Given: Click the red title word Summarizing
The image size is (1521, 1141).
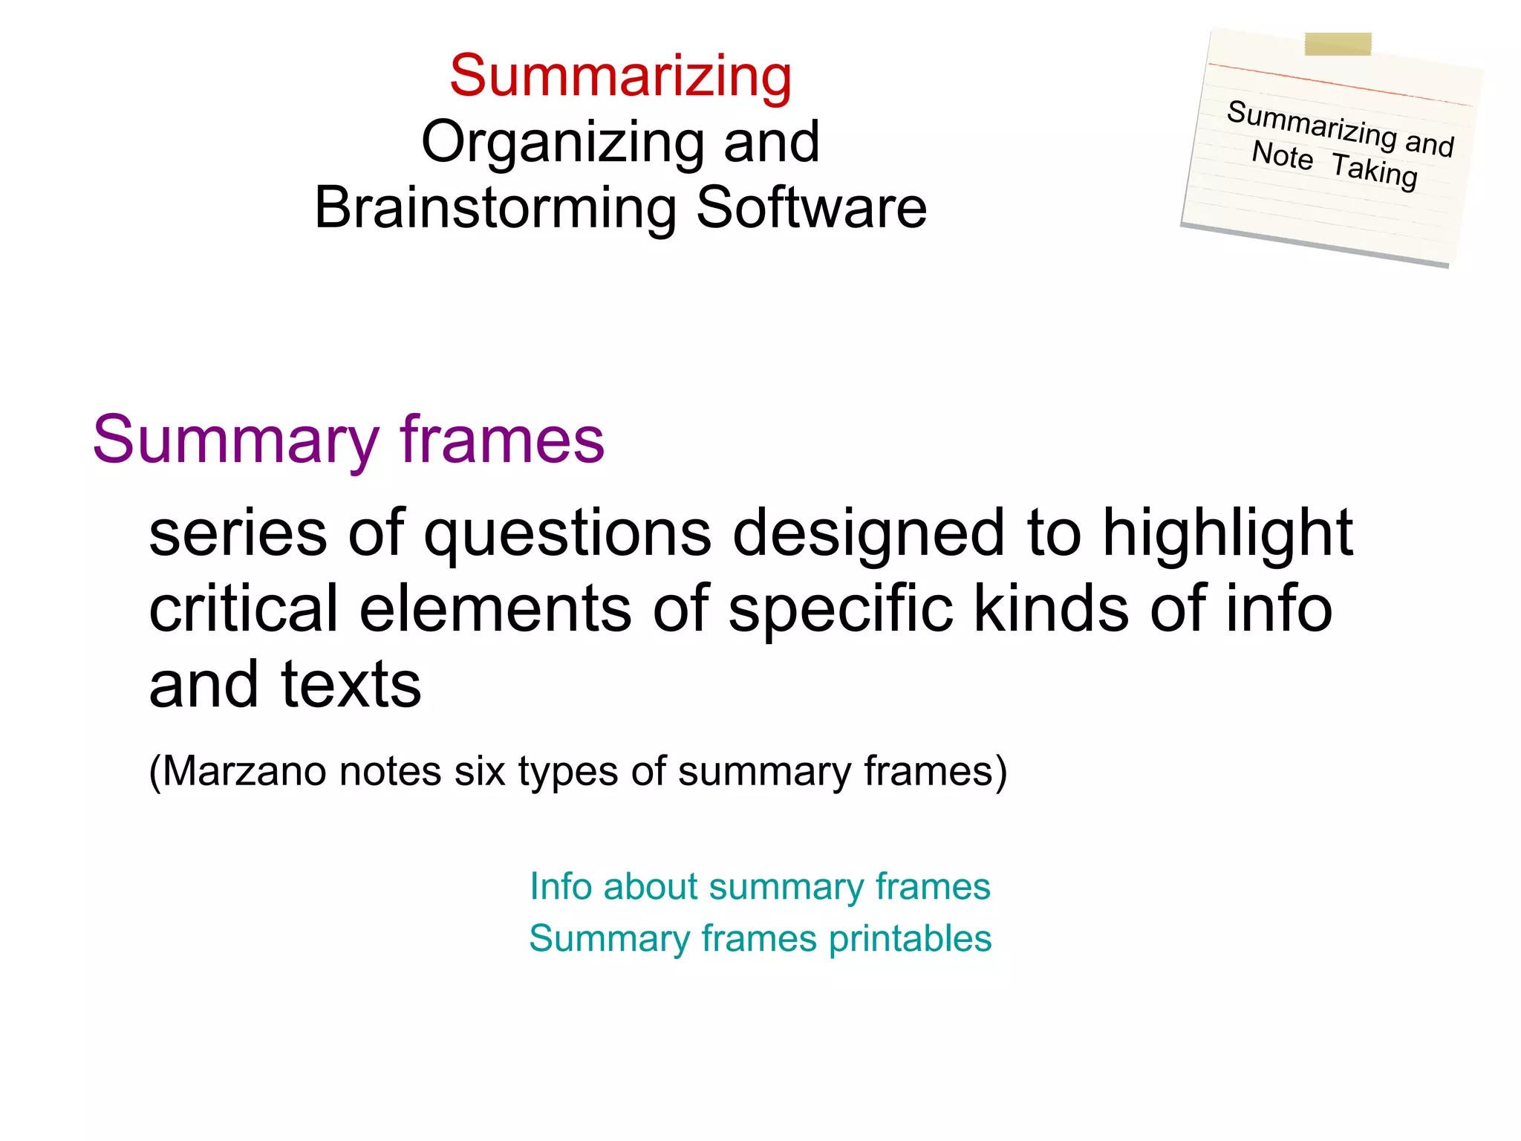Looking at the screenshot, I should point(621,77).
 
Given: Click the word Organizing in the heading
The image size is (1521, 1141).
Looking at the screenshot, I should point(562,142).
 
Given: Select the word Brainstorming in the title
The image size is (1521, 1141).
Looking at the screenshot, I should point(495,209).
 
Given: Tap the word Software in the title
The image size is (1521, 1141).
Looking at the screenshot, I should point(811,208).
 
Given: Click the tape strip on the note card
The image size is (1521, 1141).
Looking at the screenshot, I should point(1338,44).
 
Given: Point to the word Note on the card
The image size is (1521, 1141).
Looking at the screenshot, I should point(1282,155).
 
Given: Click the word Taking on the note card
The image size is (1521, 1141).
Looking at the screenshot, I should point(1374,171).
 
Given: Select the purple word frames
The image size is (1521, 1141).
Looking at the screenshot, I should point(502,440).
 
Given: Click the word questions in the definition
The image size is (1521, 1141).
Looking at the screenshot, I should point(567,533).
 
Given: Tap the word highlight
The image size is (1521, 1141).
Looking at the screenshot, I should point(1227,533).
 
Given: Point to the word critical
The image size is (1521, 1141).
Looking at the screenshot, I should point(244,609).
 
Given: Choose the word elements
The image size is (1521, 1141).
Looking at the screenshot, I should point(495,609).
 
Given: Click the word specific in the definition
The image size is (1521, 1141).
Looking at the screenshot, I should point(840,609).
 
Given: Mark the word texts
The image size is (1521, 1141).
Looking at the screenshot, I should point(351,685).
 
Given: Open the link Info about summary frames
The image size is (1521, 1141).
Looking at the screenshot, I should point(760,886).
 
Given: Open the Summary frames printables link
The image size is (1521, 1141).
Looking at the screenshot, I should point(760,938).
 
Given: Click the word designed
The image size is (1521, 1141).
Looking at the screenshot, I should point(868,533).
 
